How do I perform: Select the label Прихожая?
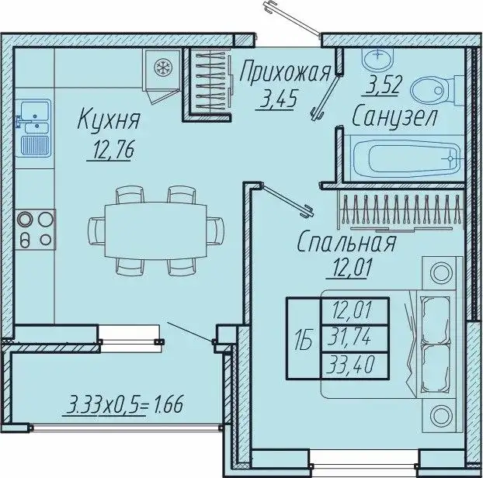pyautogui.click(x=285, y=73)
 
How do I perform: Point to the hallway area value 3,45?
pyautogui.click(x=277, y=100)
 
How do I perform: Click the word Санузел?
pyautogui.click(x=394, y=117)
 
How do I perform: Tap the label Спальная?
pyautogui.click(x=347, y=243)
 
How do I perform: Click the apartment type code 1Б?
pyautogui.click(x=304, y=338)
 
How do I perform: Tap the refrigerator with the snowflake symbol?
pyautogui.click(x=162, y=68)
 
